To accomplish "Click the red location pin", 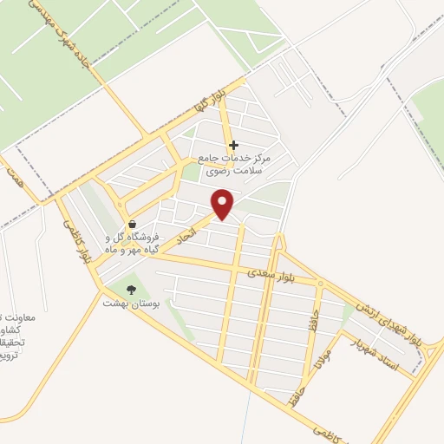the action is (224, 204).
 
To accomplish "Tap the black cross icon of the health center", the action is (233, 144).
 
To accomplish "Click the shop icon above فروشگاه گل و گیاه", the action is (130, 223).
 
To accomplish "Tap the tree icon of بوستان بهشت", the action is (131, 290).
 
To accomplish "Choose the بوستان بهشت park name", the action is (127, 304).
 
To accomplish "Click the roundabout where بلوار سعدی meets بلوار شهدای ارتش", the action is (322, 284).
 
